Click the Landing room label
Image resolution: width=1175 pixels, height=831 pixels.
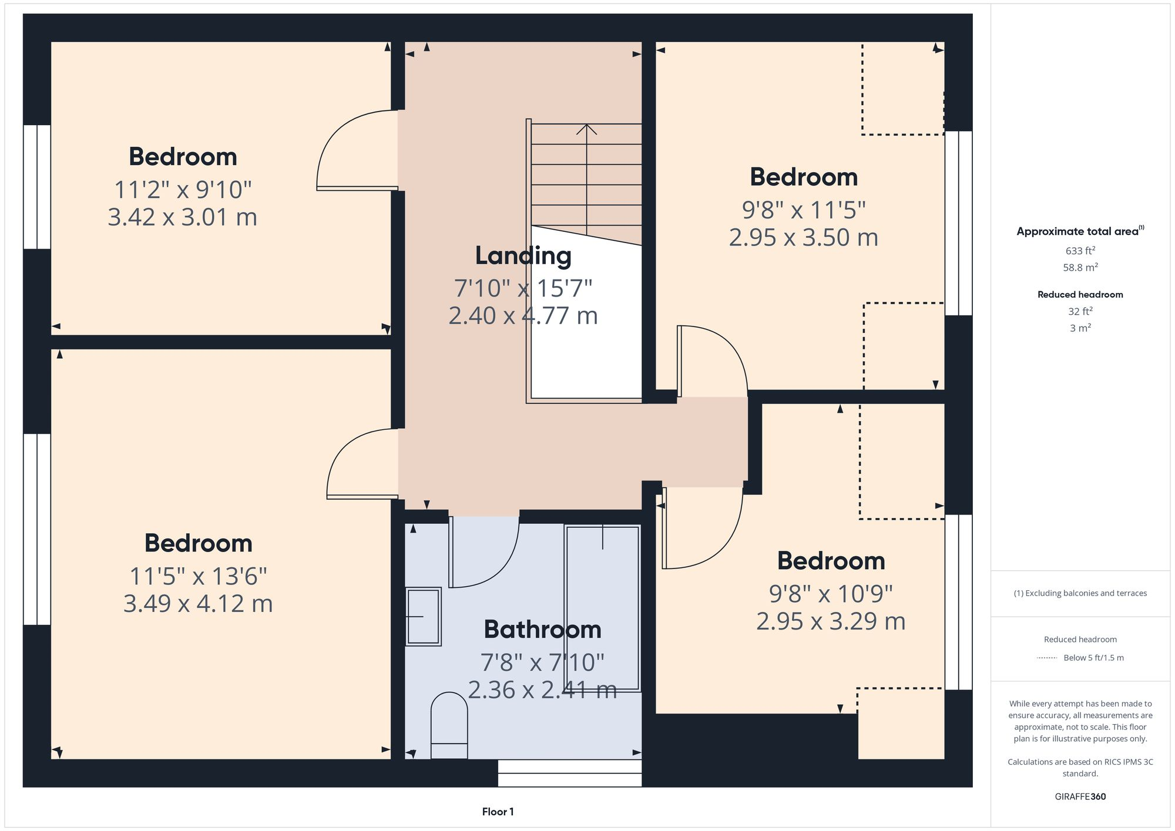[523, 256]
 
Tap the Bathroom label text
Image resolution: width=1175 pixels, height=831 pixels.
[542, 630]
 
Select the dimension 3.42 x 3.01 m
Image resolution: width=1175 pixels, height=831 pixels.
[182, 217]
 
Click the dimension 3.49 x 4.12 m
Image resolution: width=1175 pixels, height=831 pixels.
[198, 604]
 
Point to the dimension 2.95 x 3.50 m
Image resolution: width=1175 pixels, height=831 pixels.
[803, 238]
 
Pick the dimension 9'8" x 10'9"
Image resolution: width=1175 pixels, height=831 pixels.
[831, 594]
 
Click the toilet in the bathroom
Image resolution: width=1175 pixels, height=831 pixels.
[449, 725]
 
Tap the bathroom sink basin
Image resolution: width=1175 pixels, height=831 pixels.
[424, 616]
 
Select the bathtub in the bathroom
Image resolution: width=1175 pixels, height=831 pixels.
[602, 608]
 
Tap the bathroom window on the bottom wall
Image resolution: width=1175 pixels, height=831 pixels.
[569, 773]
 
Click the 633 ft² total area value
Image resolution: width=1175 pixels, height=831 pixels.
[1080, 251]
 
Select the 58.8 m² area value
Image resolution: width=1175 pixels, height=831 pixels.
[1080, 267]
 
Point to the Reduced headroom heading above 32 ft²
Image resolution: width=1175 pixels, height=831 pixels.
[1080, 295]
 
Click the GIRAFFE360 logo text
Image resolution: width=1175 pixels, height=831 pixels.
[1080, 797]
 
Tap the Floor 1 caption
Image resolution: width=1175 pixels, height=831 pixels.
[498, 812]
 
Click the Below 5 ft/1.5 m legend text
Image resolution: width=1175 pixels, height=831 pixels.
[1093, 658]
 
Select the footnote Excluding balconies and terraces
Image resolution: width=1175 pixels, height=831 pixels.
[1080, 593]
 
